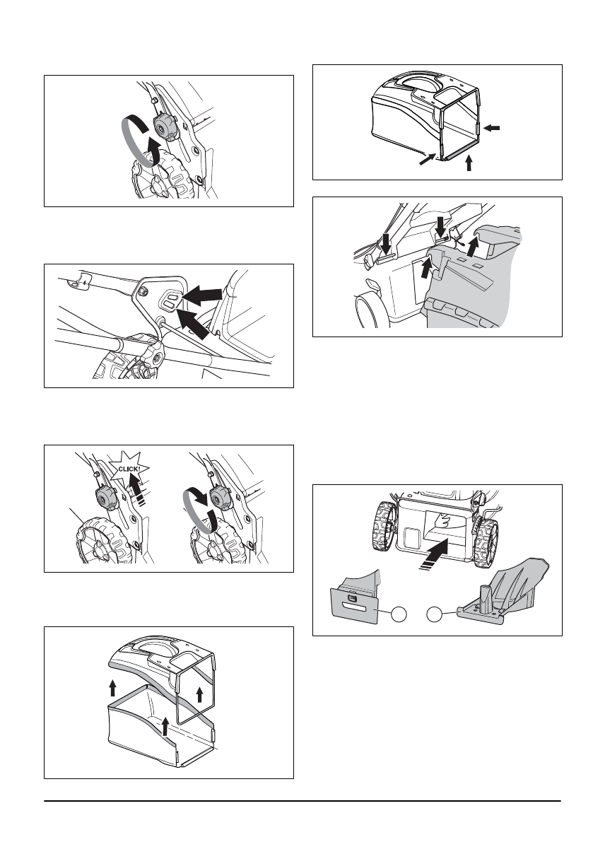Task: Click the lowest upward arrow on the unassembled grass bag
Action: point(164,724)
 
